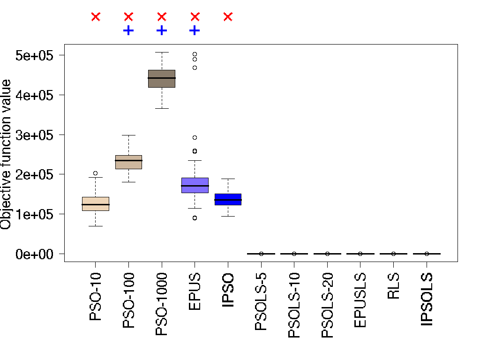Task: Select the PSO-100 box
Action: [x=128, y=162]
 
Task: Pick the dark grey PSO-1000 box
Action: [x=162, y=78]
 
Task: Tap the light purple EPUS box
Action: [x=195, y=185]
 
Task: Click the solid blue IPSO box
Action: [x=228, y=199]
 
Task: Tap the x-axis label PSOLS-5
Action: [x=261, y=300]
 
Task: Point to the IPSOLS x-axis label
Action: [x=427, y=300]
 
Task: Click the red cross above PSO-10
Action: [x=96, y=17]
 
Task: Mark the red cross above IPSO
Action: [x=228, y=17]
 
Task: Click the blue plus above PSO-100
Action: [x=128, y=31]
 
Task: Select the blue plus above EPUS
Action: [x=195, y=31]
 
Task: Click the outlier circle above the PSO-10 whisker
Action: [x=96, y=173]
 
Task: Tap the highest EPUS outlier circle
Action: [x=195, y=54]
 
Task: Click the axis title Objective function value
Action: [x=6, y=155]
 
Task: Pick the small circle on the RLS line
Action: [x=394, y=254]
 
